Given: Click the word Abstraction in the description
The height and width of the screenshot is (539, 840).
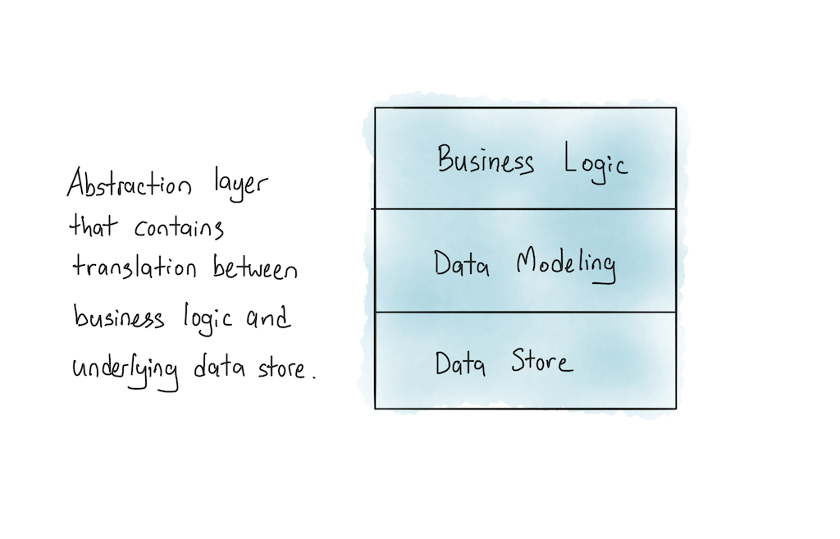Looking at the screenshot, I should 128,185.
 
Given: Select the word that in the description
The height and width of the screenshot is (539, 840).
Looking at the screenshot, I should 93,226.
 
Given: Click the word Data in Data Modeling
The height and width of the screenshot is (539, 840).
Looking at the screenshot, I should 461,264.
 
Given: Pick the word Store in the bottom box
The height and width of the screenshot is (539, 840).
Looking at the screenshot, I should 541,362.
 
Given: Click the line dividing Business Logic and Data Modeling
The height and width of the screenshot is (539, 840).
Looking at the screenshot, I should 525,209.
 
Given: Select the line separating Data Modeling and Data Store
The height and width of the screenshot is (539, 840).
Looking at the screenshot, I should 525,312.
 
